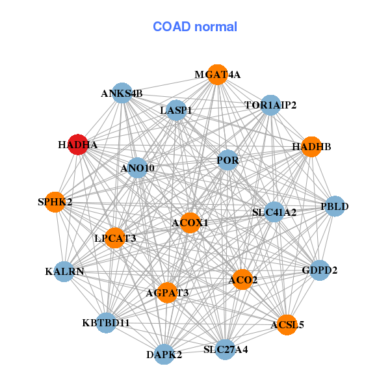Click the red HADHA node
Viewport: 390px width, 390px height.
point(78,144)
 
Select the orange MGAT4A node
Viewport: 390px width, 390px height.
point(218,75)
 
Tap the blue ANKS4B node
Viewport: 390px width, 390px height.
point(122,93)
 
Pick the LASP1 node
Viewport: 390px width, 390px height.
point(176,110)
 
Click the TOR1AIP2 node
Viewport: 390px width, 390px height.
point(270,105)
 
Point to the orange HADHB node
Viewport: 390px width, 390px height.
point(311,147)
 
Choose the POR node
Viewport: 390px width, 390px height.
point(228,160)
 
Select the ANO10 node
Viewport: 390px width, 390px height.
point(138,168)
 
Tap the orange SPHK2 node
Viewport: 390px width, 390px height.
point(55,202)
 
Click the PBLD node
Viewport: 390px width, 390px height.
point(335,206)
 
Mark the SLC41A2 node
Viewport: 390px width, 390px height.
point(274,212)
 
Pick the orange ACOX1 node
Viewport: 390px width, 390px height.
point(190,223)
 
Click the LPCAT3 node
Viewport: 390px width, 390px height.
point(114,238)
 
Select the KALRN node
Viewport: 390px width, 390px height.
point(64,272)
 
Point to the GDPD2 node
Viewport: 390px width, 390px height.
point(320,270)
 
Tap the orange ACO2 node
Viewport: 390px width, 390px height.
point(242,279)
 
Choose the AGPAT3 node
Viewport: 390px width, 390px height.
point(168,292)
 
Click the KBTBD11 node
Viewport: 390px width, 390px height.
point(106,323)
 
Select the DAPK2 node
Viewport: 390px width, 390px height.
point(164,354)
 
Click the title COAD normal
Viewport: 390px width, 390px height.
point(195,27)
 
